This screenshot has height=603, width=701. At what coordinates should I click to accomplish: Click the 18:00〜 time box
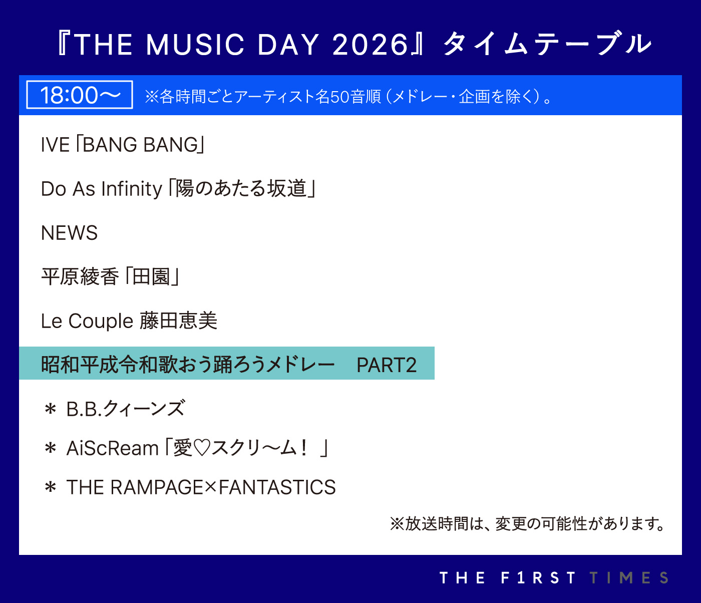(79, 95)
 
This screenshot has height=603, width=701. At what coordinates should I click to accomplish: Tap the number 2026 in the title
(371, 45)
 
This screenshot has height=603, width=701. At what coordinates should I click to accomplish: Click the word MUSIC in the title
(195, 45)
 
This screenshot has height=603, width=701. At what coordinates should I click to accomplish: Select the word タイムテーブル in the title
(547, 44)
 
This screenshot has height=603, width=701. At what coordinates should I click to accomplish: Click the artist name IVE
(55, 145)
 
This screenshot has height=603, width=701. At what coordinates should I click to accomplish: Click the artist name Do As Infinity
(102, 189)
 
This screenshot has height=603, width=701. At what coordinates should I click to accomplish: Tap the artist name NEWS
(69, 233)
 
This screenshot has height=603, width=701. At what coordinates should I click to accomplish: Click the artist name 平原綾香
(80, 277)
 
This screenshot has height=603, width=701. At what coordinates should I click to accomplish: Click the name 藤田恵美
(178, 321)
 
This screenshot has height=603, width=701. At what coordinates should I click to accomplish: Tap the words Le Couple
(87, 322)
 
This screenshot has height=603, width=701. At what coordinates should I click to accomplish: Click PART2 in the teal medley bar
(387, 365)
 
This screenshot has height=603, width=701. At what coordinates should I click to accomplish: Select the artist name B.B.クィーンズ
(126, 408)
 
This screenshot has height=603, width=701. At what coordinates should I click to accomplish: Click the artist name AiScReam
(113, 448)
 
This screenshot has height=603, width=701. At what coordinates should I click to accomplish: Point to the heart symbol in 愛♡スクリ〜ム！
(202, 448)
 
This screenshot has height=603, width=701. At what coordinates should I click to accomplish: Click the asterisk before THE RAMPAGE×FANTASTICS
(51, 487)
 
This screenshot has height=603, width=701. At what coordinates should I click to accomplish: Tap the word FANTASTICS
(277, 487)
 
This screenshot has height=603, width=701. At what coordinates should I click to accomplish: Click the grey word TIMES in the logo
(629, 577)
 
